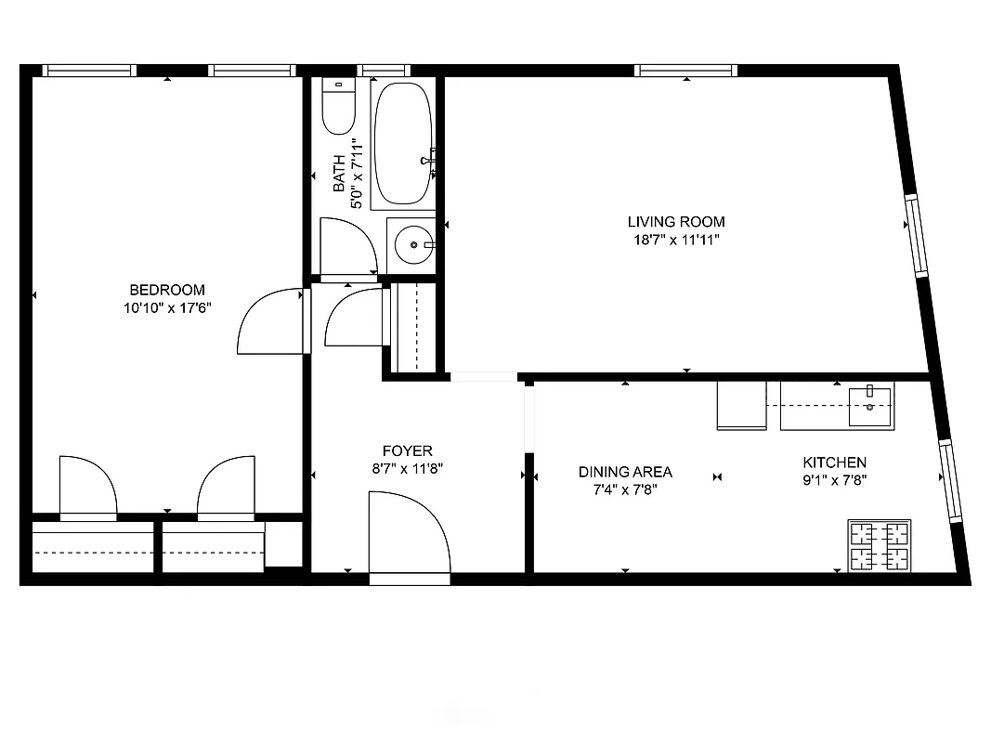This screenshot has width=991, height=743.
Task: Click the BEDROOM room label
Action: pyautogui.click(x=167, y=290)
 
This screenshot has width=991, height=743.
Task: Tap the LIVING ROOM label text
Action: pyautogui.click(x=676, y=222)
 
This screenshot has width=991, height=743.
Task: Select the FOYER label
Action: pyautogui.click(x=408, y=451)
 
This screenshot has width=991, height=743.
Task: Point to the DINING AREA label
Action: pyautogui.click(x=625, y=472)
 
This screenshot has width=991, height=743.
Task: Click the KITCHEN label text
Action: pyautogui.click(x=834, y=463)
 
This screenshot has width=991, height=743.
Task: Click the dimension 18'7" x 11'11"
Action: pyautogui.click(x=676, y=240)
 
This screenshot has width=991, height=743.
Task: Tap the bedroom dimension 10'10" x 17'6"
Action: pyautogui.click(x=167, y=307)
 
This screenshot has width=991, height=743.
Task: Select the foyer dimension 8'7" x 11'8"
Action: pyautogui.click(x=408, y=469)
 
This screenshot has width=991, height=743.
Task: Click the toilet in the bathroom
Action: pyautogui.click(x=337, y=107)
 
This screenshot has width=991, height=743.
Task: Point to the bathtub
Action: pyautogui.click(x=402, y=144)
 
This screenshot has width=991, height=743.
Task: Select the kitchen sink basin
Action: pyautogui.click(x=870, y=399)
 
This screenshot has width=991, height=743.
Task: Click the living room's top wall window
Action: pyautogui.click(x=686, y=71)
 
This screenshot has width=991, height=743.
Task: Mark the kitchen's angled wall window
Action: pyautogui.click(x=951, y=481)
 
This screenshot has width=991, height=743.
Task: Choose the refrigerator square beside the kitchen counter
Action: pyautogui.click(x=741, y=407)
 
